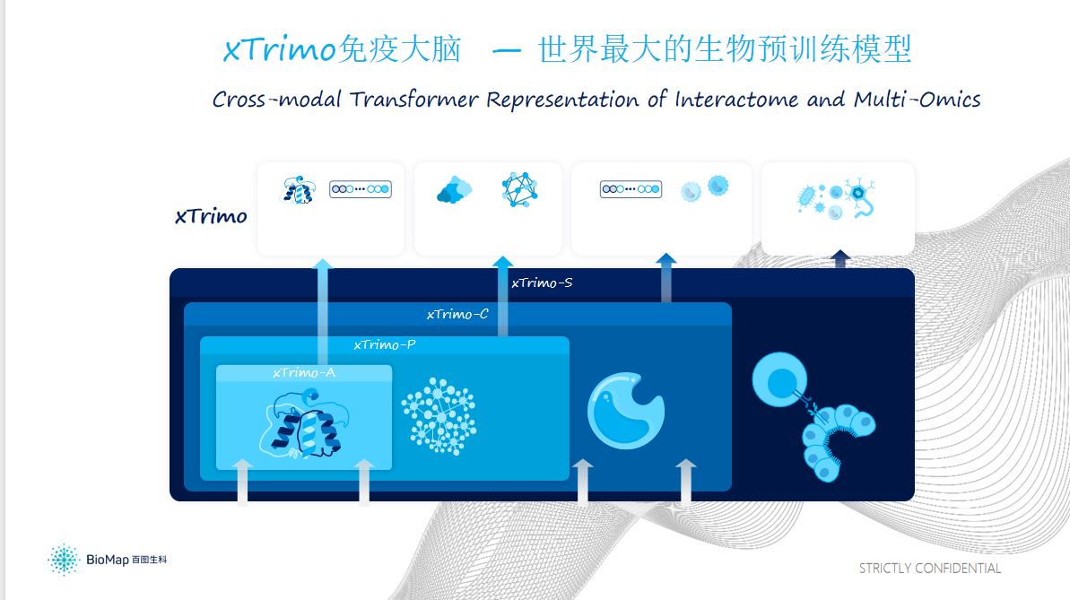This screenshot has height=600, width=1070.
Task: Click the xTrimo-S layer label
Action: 542,283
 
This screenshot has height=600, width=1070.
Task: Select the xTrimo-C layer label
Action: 457,314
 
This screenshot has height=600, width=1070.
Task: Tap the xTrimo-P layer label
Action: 384,344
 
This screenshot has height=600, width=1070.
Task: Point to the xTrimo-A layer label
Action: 304,373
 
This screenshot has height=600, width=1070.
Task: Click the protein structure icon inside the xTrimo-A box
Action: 303,423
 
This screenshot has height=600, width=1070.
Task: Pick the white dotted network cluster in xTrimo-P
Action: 439,416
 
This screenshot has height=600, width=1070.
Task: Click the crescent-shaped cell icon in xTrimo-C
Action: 626,410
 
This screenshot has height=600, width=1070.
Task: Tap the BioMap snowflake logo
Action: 65,560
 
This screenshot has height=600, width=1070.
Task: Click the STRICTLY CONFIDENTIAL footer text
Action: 929,568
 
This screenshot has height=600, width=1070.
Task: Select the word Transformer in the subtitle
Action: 414,100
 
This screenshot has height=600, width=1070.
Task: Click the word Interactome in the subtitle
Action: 736,100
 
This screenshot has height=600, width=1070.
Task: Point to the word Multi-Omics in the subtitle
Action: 918,100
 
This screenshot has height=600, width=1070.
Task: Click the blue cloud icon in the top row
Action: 455,190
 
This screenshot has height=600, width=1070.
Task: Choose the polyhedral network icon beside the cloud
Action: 519,189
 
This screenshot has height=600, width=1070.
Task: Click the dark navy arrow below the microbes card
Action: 840,258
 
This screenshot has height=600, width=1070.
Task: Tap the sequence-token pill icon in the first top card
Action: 361,189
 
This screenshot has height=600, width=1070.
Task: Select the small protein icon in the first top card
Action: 299,190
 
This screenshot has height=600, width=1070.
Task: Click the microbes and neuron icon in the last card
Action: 836,198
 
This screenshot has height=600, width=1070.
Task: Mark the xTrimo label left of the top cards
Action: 211,216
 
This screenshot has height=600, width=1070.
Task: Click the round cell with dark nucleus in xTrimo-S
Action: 780,380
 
